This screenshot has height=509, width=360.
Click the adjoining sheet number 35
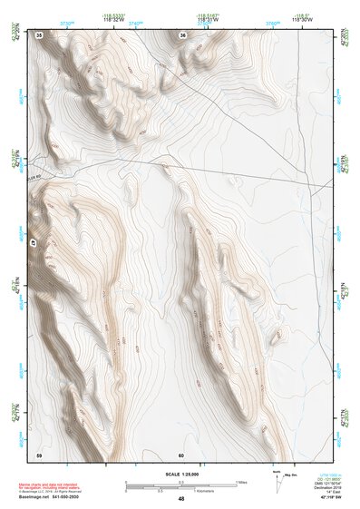[x=39, y=34]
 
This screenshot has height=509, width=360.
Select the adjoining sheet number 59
[x=39, y=454]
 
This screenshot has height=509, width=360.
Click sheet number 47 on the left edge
[x=34, y=244]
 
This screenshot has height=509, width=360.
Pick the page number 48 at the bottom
[x=181, y=498]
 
